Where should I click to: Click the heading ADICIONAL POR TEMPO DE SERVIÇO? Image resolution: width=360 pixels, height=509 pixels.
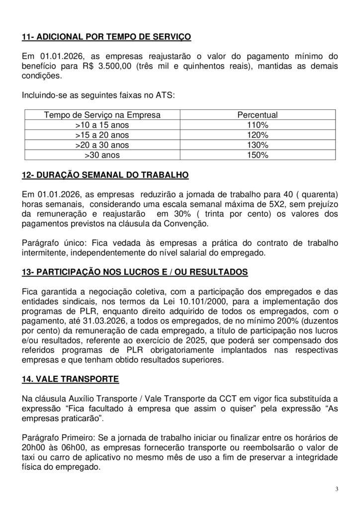tap(107, 37)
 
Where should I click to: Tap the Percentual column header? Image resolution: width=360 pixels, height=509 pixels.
tap(257, 115)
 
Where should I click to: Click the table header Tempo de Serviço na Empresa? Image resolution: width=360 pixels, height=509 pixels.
tap(102, 115)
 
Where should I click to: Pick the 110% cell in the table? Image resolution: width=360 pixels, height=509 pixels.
tap(257, 125)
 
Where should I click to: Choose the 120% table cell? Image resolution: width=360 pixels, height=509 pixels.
tap(257, 135)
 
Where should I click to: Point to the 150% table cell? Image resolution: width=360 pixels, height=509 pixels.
tap(257, 155)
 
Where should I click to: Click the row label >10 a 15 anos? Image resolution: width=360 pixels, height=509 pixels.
tap(102, 125)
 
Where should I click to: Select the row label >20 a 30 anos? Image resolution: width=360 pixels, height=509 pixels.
tap(102, 145)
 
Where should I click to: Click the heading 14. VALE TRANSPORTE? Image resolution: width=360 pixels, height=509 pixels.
tap(70, 379)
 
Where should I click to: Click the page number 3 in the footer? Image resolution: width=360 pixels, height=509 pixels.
tap(336, 489)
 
